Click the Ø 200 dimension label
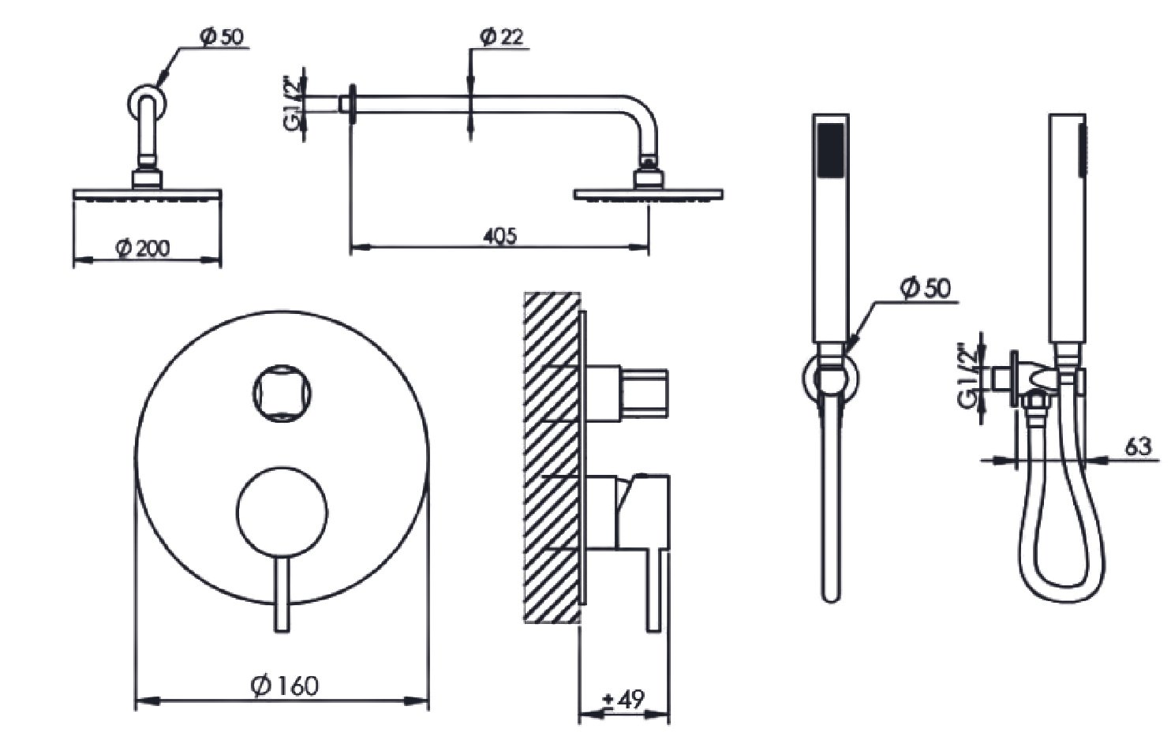tap(142, 248)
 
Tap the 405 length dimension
tap(499, 236)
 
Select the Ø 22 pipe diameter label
tap(501, 37)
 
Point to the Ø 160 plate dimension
tap(284, 686)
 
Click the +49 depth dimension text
tap(623, 699)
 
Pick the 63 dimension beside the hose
tap(1138, 447)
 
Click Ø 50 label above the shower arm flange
tap(222, 37)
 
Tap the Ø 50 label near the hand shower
tap(926, 289)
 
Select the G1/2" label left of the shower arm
tap(296, 105)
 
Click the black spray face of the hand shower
tap(831, 150)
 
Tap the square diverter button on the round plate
tap(282, 393)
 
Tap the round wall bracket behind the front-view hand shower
tap(830, 379)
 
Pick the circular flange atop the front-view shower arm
tap(148, 103)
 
